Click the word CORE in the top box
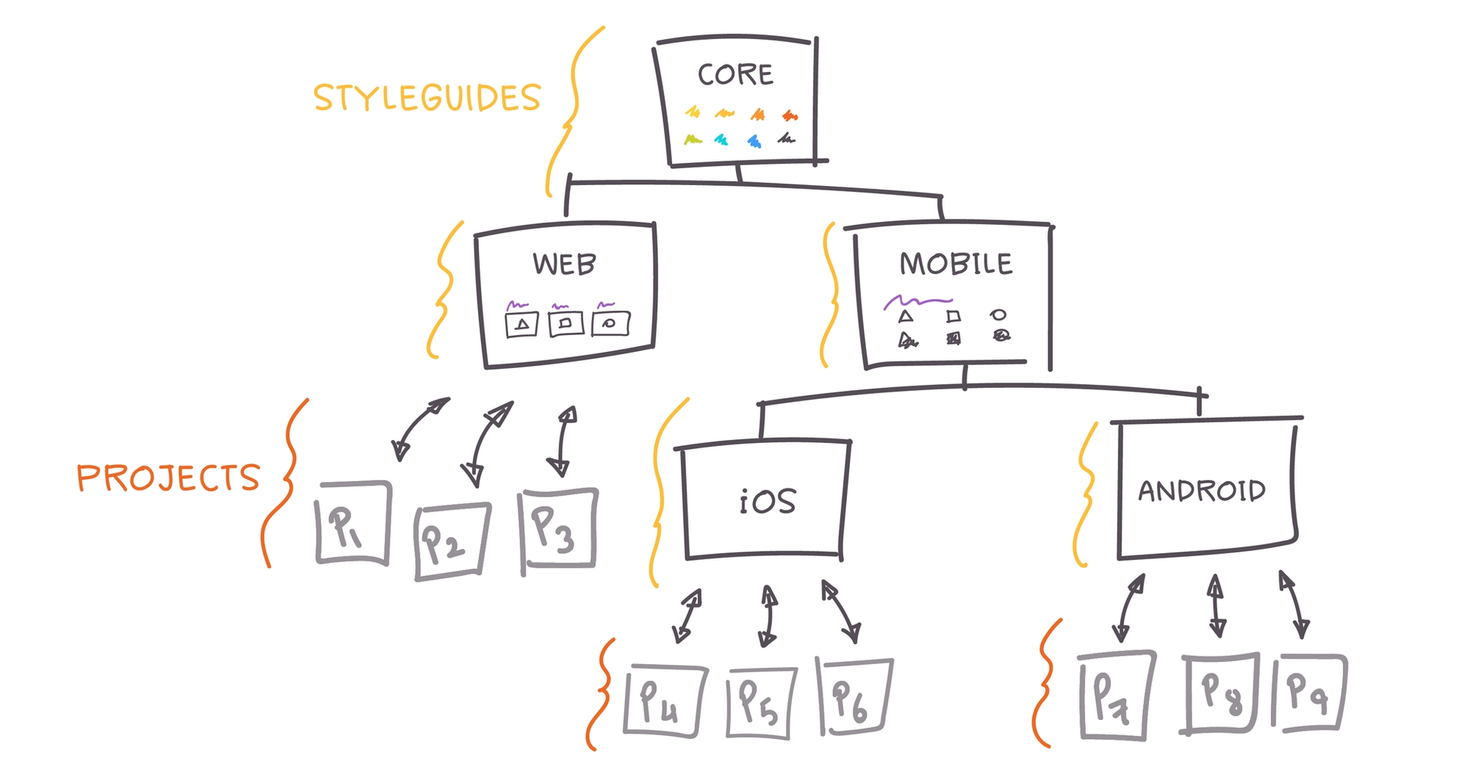coord(735,74)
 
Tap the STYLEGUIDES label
coord(427,98)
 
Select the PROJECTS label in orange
coord(168,478)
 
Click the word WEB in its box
coord(565,264)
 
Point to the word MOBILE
coord(956,264)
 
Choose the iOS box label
coord(767,501)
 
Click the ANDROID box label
coord(1201,490)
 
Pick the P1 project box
coord(353,523)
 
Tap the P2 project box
coord(451,541)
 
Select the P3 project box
coord(559,529)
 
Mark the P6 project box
coord(855,697)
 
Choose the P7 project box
coord(1116,695)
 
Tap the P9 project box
coord(1309,692)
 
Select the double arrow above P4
coord(687,615)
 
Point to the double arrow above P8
coord(1216,606)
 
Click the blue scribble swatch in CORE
coord(754,141)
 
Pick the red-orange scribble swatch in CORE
coord(790,116)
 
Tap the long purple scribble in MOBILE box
coord(918,301)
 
